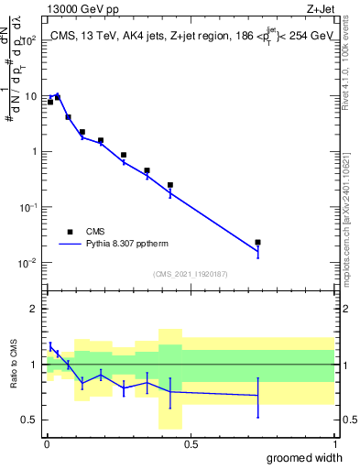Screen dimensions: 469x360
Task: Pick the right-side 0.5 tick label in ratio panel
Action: click(349, 420)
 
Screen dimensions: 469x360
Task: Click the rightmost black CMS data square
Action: click(258, 243)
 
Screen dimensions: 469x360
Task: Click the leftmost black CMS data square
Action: click(50, 102)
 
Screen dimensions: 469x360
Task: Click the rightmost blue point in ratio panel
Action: click(258, 396)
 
